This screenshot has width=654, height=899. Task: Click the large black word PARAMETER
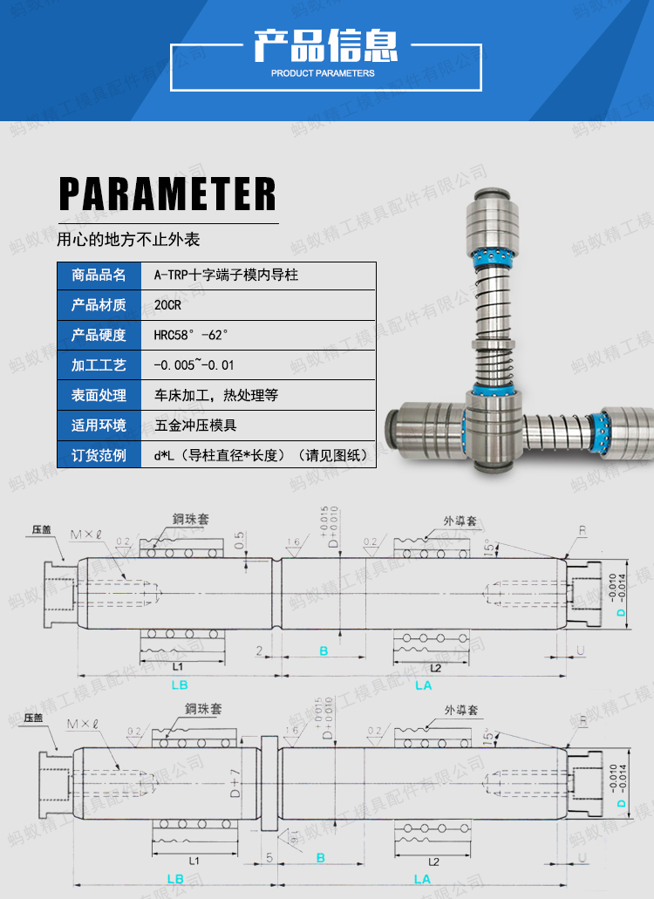pyautogui.click(x=167, y=194)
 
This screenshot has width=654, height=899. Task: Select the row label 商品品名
pyautogui.click(x=99, y=276)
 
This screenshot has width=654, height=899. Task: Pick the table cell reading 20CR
pyautogui.click(x=167, y=305)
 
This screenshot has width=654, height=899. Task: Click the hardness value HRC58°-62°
pyautogui.click(x=191, y=335)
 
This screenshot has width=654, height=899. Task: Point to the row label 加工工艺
pyautogui.click(x=99, y=364)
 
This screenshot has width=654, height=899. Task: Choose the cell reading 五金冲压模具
pyautogui.click(x=196, y=426)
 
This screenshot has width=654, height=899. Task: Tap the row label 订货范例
pyautogui.click(x=99, y=455)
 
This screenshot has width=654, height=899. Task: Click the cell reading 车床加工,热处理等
pyautogui.click(x=216, y=395)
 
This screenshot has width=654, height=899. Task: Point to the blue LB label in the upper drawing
pyautogui.click(x=179, y=685)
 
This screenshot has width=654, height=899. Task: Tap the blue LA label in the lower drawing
pyautogui.click(x=423, y=879)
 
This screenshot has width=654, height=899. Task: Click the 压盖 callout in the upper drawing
pyautogui.click(x=42, y=529)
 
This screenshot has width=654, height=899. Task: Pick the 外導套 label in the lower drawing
pyautogui.click(x=460, y=710)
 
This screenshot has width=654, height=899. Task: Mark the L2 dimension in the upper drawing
pyautogui.click(x=436, y=667)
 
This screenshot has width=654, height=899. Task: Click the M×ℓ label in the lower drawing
pyautogui.click(x=84, y=723)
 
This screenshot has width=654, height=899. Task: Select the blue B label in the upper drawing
pyautogui.click(x=323, y=651)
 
